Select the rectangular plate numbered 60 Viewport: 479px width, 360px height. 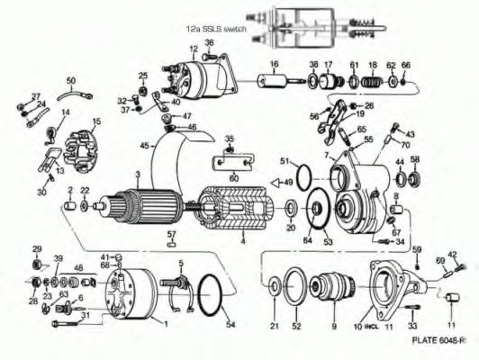pos(232,166)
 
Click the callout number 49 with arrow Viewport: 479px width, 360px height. pos(289,183)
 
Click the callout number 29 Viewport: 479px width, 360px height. pos(37,248)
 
